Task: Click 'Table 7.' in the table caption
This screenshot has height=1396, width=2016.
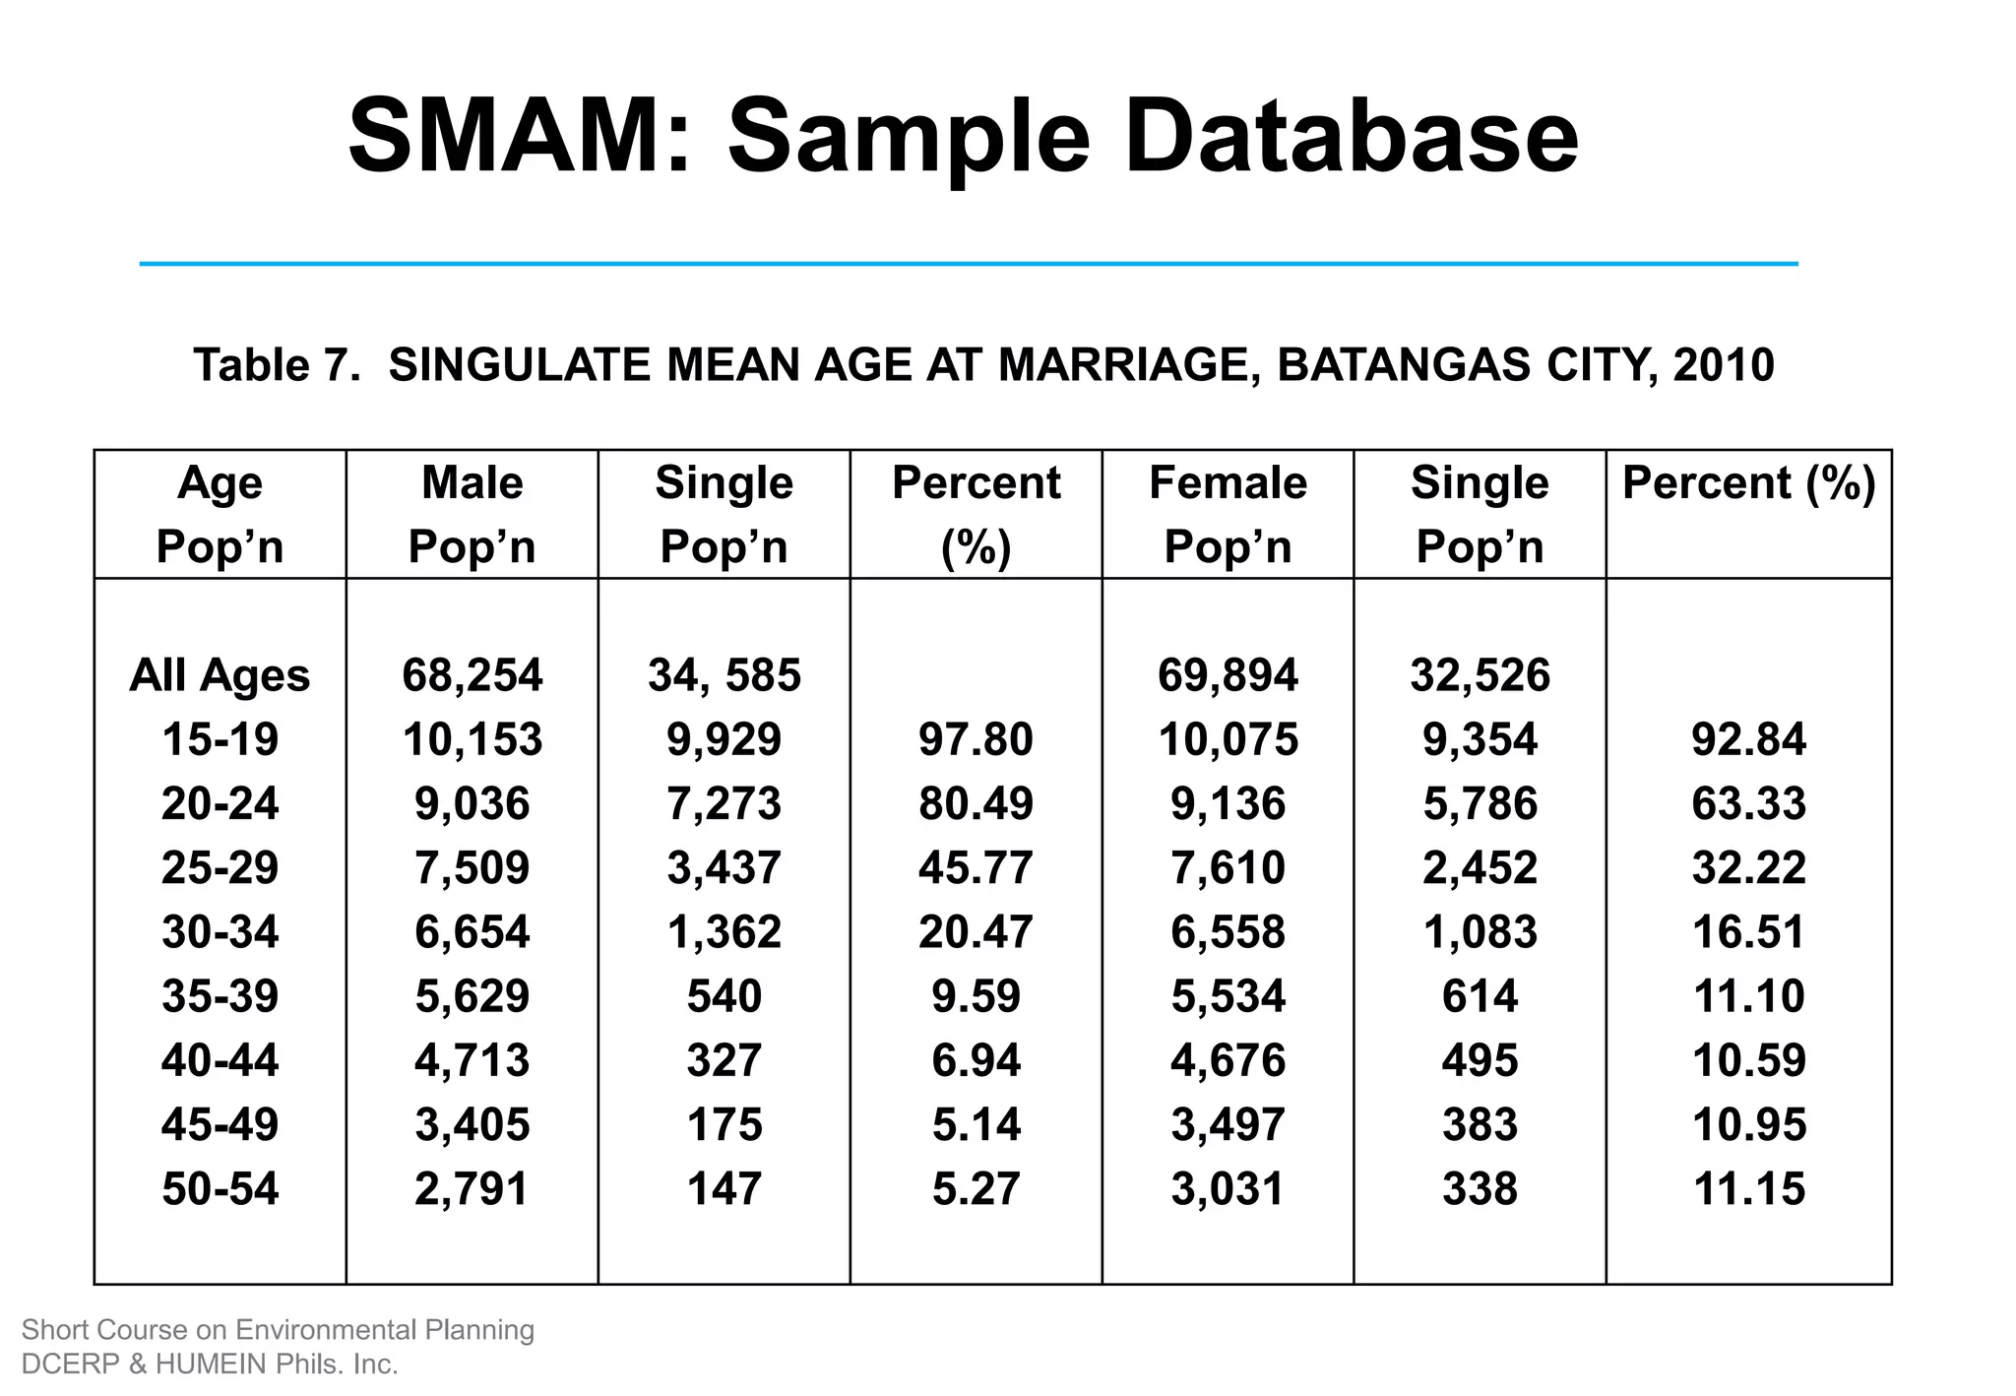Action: [277, 365]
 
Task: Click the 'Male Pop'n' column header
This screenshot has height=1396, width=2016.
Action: [472, 514]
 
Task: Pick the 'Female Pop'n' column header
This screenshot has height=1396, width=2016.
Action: [1228, 514]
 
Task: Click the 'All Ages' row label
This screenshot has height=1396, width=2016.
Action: [220, 675]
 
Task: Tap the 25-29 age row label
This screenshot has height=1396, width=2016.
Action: [220, 868]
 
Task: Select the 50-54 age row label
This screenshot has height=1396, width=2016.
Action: [220, 1189]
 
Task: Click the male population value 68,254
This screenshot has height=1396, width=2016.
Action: [472, 675]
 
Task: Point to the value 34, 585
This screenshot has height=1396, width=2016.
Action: [724, 675]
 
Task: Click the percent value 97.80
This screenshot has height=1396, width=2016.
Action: [976, 739]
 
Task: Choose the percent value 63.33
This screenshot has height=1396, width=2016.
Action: [1748, 803]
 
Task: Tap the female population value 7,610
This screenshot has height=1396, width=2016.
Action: [1228, 868]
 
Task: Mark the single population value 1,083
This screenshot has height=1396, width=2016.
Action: [1480, 932]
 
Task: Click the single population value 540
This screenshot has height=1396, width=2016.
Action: [724, 996]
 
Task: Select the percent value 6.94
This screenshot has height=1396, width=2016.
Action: [976, 1060]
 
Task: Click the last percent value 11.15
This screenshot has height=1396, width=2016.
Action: [1748, 1189]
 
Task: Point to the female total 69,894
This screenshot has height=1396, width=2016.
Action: [1228, 675]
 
